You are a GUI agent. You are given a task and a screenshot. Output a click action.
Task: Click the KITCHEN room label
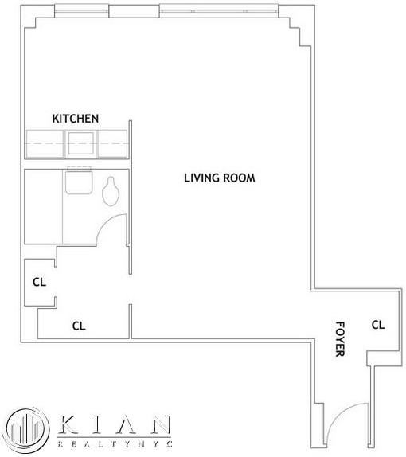point(76,118)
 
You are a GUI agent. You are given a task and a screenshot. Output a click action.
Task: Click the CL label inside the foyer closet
point(378,325)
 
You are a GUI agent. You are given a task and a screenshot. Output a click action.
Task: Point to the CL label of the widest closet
point(79,325)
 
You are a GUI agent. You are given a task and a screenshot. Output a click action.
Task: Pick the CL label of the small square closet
point(38,281)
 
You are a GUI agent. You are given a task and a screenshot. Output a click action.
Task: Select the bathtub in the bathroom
point(43,206)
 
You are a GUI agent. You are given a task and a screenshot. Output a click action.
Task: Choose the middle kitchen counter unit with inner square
point(80,144)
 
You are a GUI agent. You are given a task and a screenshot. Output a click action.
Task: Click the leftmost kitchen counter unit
point(46,144)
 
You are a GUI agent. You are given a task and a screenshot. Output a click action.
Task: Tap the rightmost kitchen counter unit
point(112,144)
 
